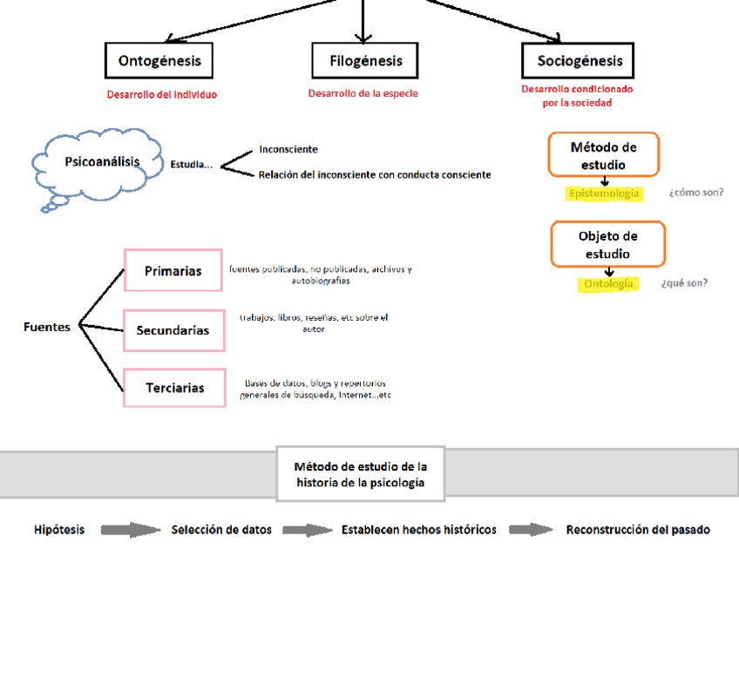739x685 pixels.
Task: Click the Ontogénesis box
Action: tap(159, 61)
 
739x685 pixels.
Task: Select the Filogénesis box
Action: tap(364, 61)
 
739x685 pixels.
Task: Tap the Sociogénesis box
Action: tap(578, 61)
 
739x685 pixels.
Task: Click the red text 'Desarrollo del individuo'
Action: tap(162, 95)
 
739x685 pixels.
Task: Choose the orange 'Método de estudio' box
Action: tap(603, 155)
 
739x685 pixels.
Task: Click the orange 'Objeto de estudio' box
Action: tap(607, 244)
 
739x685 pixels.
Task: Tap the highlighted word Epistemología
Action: tap(604, 193)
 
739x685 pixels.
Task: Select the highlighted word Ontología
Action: tap(609, 284)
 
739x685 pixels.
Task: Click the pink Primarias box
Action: tap(173, 271)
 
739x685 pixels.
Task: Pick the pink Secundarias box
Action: tap(173, 330)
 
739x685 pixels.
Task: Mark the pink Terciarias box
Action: tap(174, 388)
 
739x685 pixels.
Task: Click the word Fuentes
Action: tap(47, 328)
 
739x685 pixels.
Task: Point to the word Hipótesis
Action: tap(59, 530)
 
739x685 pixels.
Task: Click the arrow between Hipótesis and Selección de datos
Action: tap(131, 530)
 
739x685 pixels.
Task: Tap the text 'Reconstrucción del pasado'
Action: tap(638, 530)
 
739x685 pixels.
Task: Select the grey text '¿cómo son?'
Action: tap(695, 193)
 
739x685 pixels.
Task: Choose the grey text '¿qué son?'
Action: tap(684, 283)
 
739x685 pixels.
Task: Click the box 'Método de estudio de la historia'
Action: tap(360, 474)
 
